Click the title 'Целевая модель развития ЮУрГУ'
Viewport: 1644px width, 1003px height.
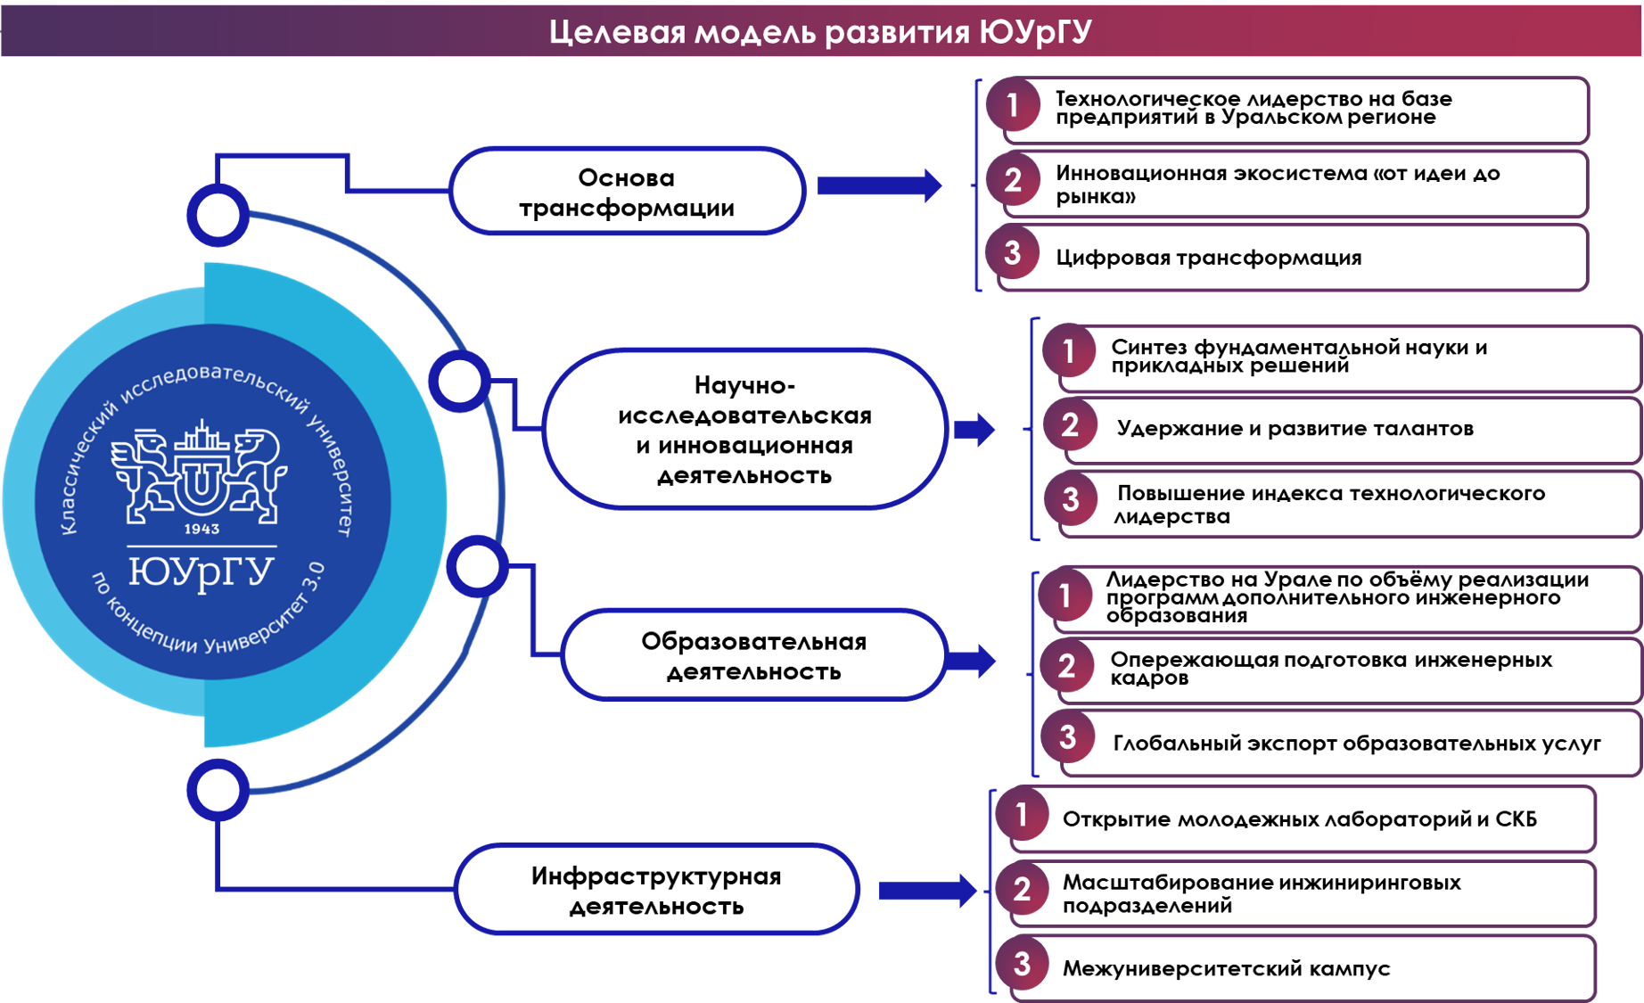point(820,32)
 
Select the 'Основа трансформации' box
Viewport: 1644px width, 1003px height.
point(628,191)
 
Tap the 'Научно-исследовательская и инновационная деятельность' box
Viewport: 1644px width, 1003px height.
point(744,429)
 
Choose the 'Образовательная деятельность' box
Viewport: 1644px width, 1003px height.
point(753,655)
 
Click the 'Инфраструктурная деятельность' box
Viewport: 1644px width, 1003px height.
point(656,890)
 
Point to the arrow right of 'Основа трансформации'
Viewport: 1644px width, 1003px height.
point(879,185)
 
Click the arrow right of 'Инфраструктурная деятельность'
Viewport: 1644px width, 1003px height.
point(927,891)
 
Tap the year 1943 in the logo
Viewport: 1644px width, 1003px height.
point(201,529)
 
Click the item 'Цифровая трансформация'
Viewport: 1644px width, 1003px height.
point(1208,258)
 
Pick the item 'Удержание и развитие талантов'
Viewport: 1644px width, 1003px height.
point(1295,429)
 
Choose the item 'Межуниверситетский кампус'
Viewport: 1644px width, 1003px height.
point(1226,968)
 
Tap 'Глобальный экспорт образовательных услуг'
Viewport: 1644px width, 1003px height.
point(1357,744)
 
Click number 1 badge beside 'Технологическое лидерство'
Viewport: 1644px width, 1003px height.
point(1013,105)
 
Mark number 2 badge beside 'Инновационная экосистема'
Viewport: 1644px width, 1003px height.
point(1013,180)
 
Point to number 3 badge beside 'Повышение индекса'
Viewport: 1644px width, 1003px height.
point(1070,499)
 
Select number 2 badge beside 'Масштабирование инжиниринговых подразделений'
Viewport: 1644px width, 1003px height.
point(1022,890)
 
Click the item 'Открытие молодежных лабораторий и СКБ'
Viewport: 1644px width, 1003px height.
point(1300,819)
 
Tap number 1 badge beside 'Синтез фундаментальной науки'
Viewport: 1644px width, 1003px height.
point(1069,351)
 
